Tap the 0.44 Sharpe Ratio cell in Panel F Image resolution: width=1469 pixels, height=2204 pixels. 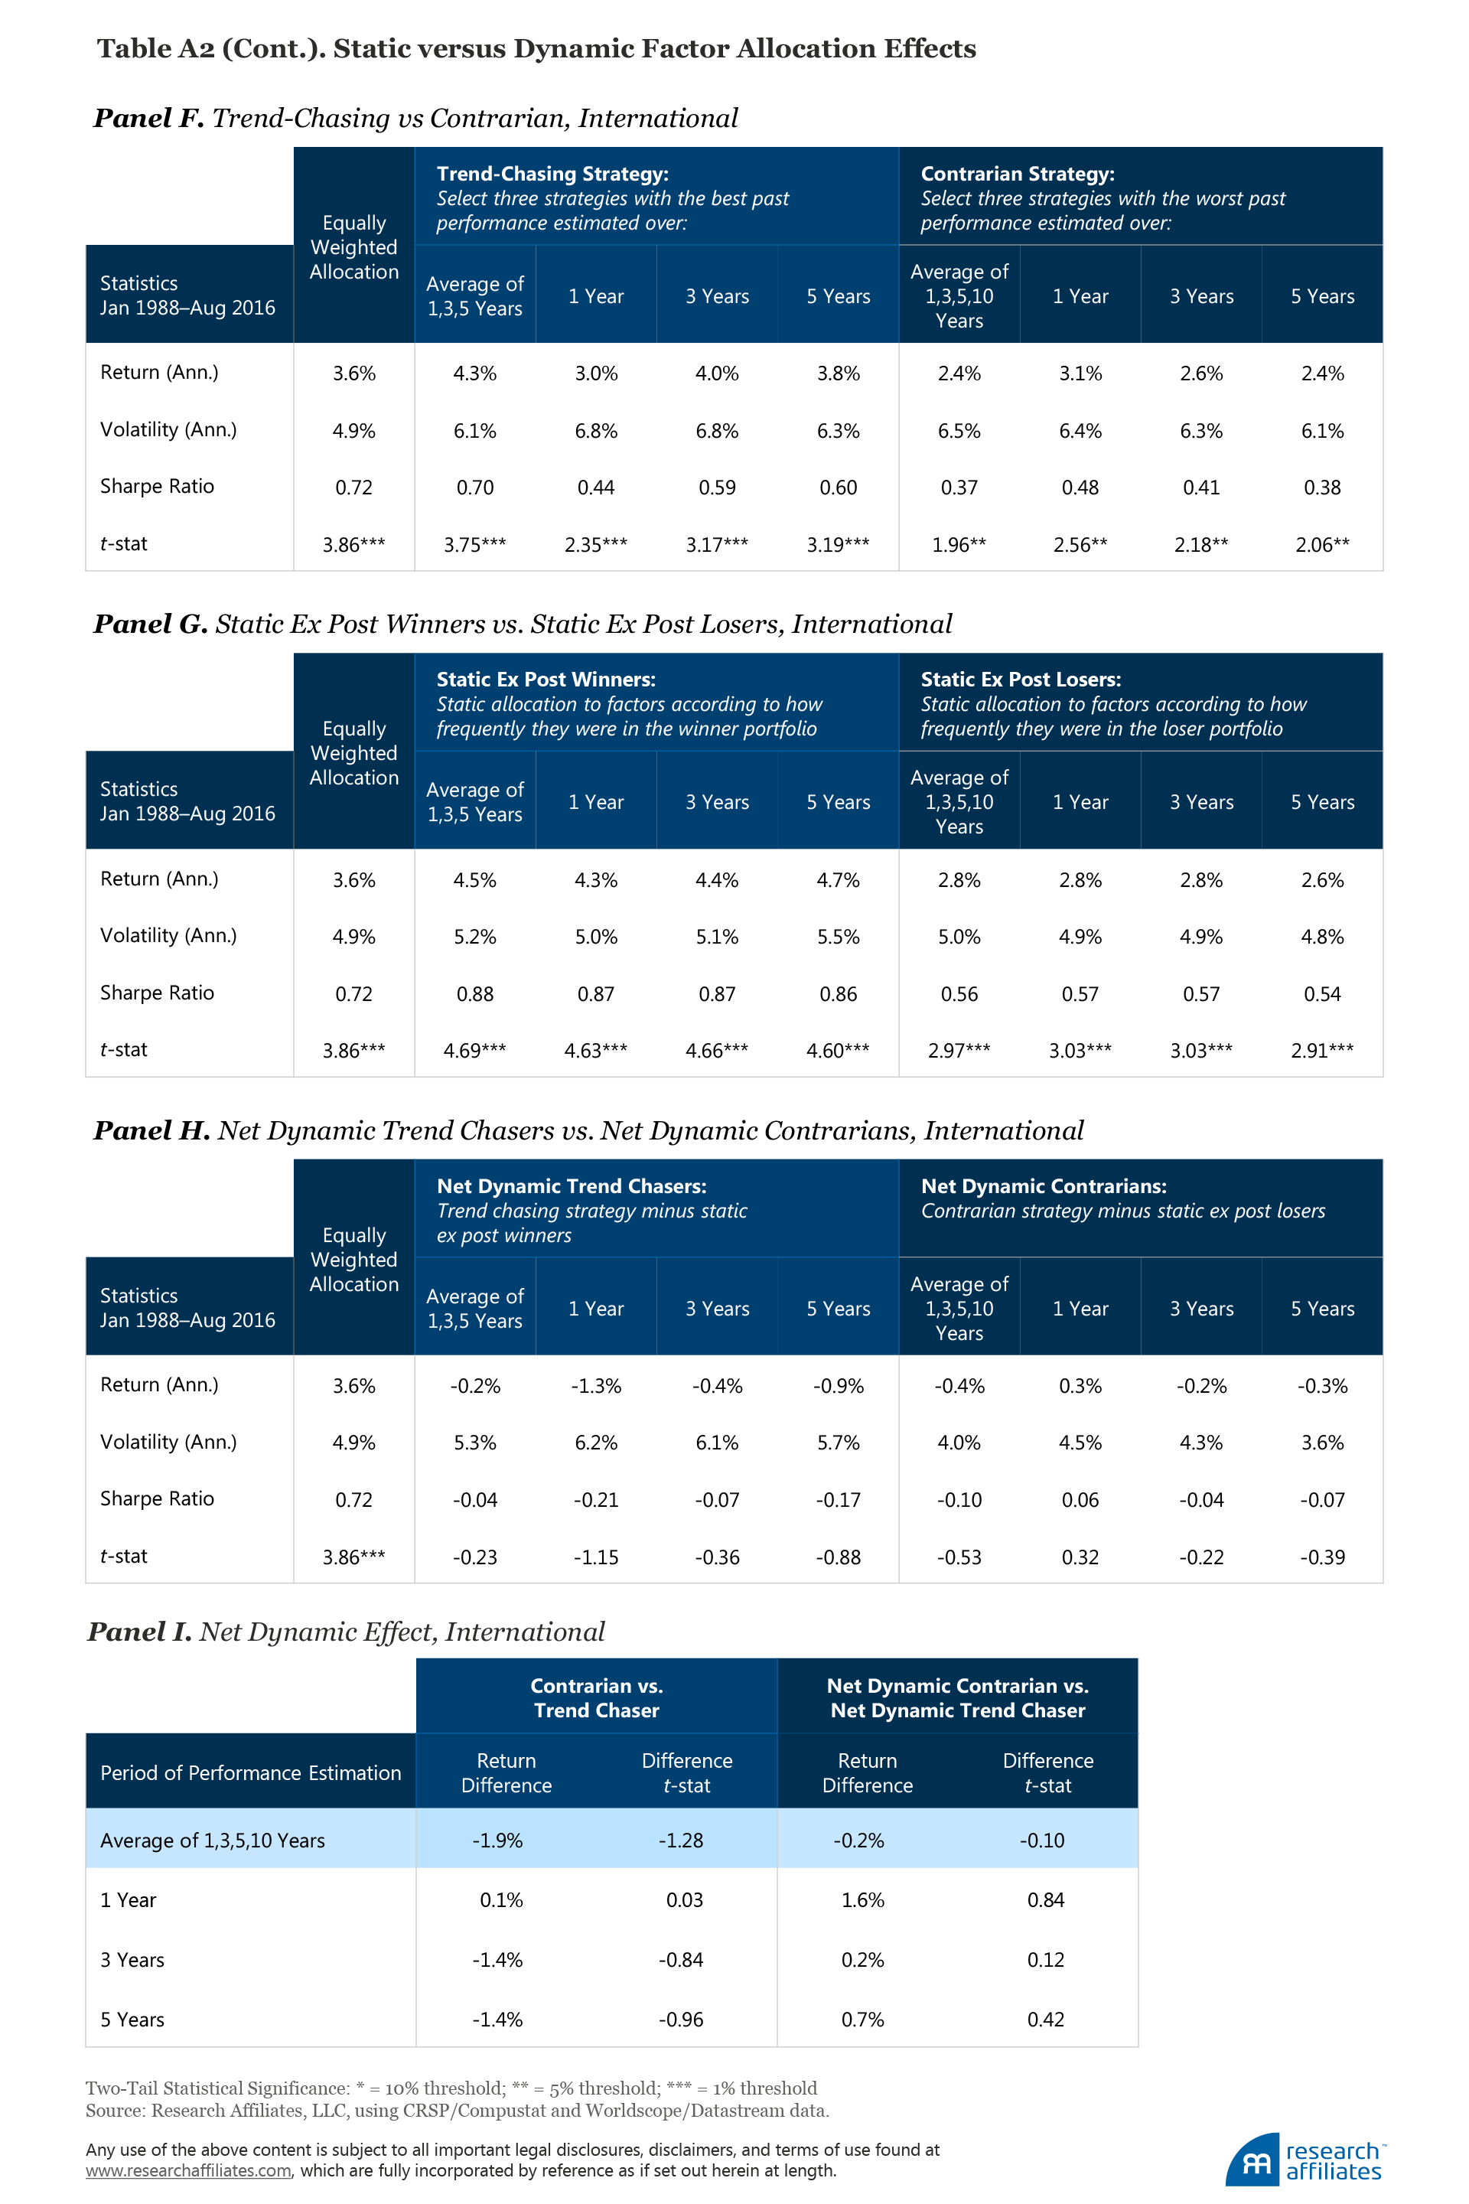tap(596, 487)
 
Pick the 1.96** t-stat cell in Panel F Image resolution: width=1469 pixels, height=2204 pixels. tap(959, 544)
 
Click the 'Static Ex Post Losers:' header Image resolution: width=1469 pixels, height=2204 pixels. tap(1020, 680)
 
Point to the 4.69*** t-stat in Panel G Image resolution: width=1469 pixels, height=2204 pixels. tap(474, 1051)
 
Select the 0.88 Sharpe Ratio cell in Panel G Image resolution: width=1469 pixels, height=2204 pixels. tap(474, 993)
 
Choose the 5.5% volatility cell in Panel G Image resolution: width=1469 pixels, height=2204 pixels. tap(838, 936)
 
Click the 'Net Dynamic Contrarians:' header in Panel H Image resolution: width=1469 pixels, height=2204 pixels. tap(1044, 1185)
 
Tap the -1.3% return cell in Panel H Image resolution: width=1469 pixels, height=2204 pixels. tap(596, 1386)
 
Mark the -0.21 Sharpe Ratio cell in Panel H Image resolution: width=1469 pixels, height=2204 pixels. tap(596, 1499)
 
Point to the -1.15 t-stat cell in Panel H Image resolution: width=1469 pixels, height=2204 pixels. tap(596, 1557)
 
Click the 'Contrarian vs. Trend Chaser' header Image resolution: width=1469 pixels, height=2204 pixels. tap(596, 1697)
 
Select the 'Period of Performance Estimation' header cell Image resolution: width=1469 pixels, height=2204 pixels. tap(250, 1772)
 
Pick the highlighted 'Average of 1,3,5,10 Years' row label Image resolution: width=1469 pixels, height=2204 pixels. tap(213, 1840)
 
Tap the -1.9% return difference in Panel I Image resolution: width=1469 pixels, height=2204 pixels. tap(497, 1840)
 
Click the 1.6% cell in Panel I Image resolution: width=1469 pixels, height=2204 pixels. tap(862, 1899)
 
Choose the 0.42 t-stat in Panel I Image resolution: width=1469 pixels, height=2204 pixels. tap(1046, 2020)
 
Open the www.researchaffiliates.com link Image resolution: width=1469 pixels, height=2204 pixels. tap(188, 2170)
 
